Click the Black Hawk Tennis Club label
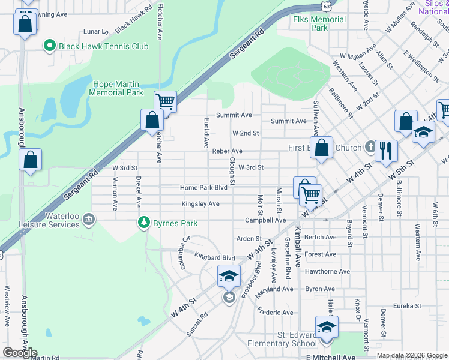[103, 46]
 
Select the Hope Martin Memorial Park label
[116, 89]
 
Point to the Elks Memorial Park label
[319, 23]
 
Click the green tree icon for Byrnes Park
[143, 223]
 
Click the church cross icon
[371, 148]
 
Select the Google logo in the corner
[20, 352]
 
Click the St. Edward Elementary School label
[282, 339]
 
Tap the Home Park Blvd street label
[203, 188]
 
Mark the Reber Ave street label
[227, 151]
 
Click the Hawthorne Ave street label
[327, 271]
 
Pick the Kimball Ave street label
[297, 246]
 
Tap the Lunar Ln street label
[96, 31]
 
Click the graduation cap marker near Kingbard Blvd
[229, 276]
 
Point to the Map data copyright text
[412, 355]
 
